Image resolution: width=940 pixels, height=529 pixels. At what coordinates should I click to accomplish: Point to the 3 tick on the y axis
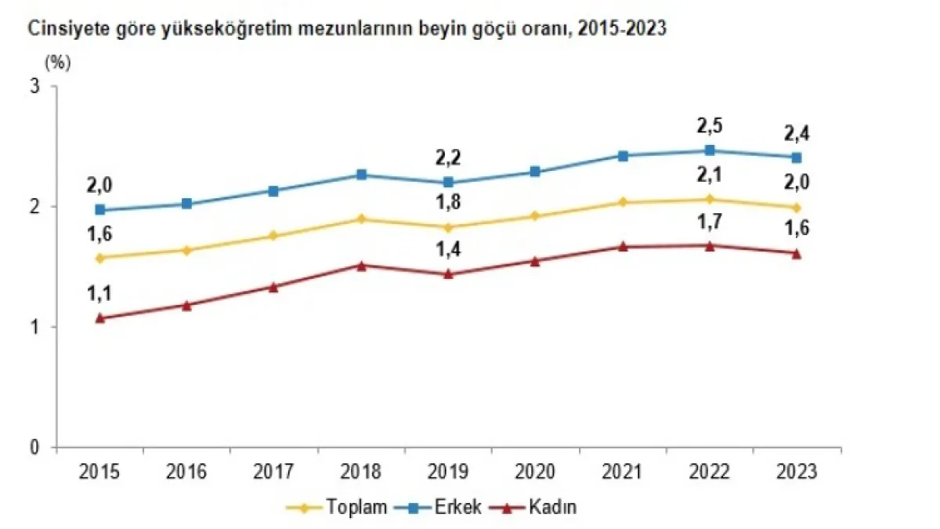point(34,86)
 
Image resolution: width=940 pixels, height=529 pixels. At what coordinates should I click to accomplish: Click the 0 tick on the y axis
point(34,447)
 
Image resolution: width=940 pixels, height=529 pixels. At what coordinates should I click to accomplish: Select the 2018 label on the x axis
point(362,472)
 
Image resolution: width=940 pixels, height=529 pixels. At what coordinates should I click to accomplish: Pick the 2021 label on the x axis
point(623,472)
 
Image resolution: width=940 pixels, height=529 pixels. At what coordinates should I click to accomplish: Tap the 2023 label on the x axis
point(797,472)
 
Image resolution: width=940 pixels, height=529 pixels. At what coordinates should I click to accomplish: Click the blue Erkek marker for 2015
point(100,210)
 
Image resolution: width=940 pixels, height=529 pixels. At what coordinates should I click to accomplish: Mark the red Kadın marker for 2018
point(361,265)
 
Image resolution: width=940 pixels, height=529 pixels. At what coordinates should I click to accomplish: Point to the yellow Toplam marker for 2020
point(536,216)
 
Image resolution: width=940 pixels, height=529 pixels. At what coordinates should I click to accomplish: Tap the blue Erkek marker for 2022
point(710,150)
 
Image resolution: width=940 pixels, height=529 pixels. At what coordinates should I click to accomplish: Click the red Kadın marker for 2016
point(187,305)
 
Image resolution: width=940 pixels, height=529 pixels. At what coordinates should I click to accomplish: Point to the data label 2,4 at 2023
point(797,134)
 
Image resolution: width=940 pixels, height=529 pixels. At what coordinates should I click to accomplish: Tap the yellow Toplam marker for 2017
point(274,235)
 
